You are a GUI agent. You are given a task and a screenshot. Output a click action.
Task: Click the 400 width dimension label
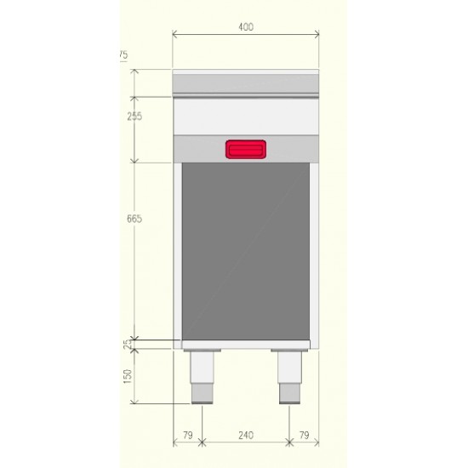pyautogui.click(x=246, y=27)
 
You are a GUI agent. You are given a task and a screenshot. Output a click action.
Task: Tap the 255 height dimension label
pyautogui.click(x=134, y=116)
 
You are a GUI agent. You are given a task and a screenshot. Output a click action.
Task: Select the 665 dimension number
pyautogui.click(x=134, y=219)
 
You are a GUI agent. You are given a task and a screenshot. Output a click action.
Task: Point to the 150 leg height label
pyautogui.click(x=128, y=377)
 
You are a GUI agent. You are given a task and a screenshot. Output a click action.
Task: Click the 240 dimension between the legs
pyautogui.click(x=246, y=435)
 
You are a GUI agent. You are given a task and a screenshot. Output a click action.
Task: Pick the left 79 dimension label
pyautogui.click(x=188, y=435)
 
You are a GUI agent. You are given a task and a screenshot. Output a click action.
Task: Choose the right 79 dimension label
pyautogui.click(x=304, y=435)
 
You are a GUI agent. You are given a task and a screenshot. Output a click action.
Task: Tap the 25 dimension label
pyautogui.click(x=128, y=344)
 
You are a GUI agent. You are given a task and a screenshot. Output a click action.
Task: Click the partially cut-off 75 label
pyautogui.click(x=123, y=55)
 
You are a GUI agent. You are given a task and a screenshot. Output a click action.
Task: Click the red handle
pyautogui.click(x=246, y=149)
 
